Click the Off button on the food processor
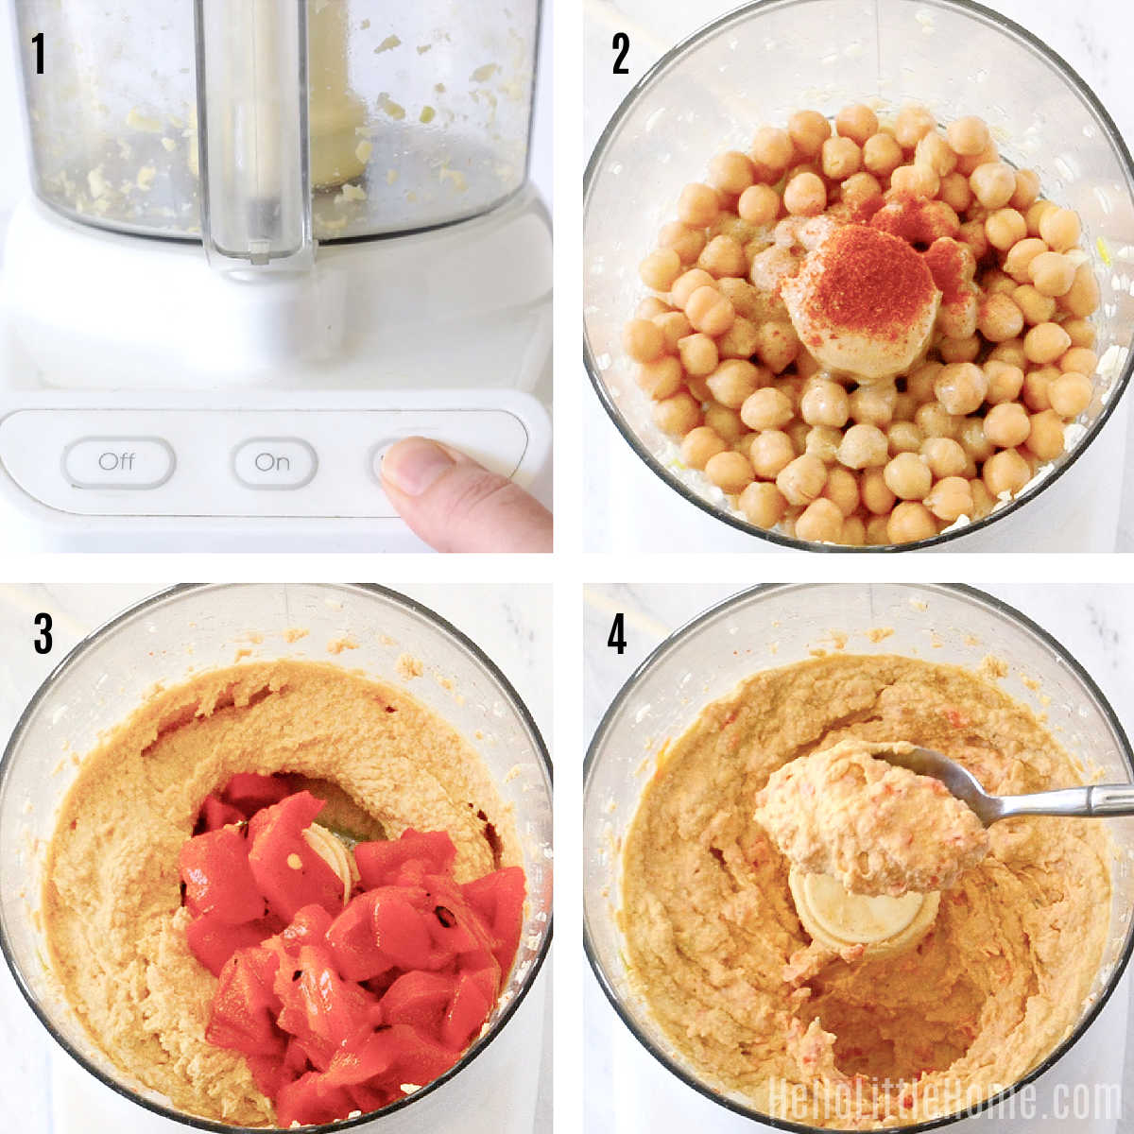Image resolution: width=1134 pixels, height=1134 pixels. pyautogui.click(x=118, y=462)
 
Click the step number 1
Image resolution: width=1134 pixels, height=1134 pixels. pyautogui.click(x=38, y=54)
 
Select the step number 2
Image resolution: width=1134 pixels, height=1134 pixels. pyautogui.click(x=621, y=54)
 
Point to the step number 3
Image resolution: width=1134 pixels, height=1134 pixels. pyautogui.click(x=43, y=634)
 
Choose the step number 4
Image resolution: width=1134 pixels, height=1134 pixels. pyautogui.click(x=617, y=634)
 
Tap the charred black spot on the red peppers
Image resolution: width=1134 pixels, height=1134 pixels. pyautogui.click(x=444, y=915)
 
